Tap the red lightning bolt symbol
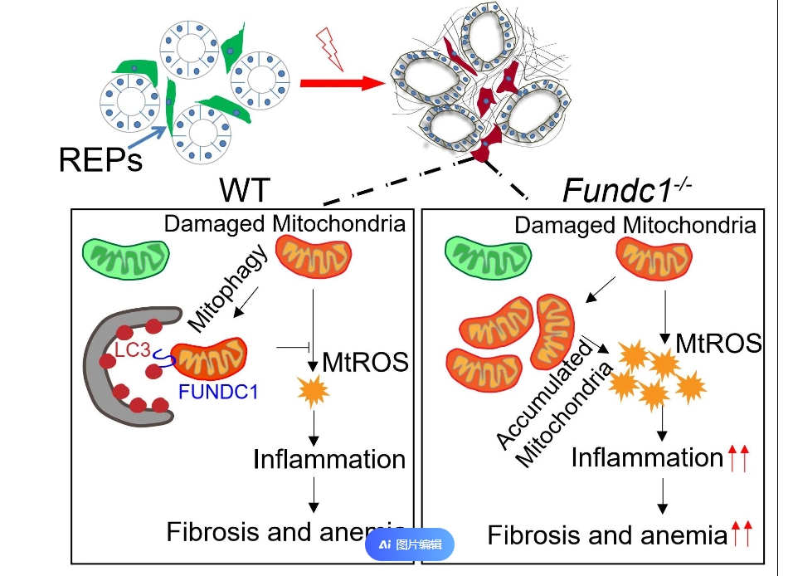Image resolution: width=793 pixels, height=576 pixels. click(329, 49)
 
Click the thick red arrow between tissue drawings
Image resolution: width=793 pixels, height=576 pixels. click(341, 83)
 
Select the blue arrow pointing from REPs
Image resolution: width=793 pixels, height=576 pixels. click(158, 132)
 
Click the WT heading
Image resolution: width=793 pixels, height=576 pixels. click(245, 190)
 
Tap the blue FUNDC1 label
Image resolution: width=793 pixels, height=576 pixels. click(218, 391)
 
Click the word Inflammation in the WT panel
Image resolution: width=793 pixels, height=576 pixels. click(329, 458)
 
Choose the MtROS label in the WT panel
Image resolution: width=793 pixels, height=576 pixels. click(365, 361)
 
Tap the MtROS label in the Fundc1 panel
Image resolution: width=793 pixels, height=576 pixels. click(718, 342)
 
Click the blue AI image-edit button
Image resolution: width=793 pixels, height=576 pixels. click(410, 544)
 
